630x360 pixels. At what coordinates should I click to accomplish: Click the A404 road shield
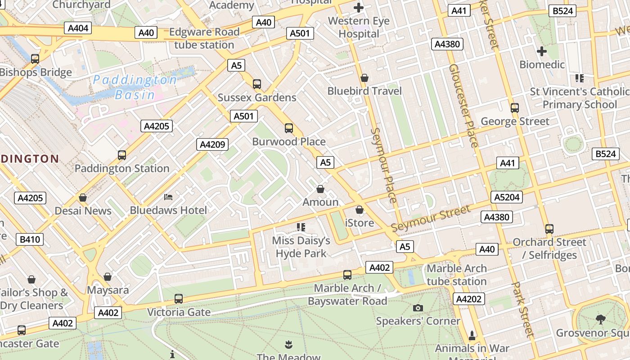(78, 28)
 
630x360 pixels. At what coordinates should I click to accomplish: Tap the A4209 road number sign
(212, 144)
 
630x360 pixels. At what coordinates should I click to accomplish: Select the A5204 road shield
(507, 197)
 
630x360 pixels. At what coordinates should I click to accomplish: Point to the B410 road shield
(30, 239)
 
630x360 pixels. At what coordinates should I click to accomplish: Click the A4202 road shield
(469, 299)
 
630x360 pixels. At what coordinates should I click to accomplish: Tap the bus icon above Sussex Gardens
(257, 84)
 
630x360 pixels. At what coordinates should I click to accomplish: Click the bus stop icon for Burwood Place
(289, 128)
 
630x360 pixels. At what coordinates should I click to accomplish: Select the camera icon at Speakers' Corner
(418, 308)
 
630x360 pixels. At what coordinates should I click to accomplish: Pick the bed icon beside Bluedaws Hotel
(168, 197)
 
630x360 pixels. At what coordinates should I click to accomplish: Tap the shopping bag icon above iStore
(359, 210)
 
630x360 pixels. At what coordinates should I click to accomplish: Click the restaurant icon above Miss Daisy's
(301, 227)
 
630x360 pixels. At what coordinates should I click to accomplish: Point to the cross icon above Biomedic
(542, 51)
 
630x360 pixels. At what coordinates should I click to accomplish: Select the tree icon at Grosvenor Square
(600, 319)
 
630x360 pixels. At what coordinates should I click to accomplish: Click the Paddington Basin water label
(135, 87)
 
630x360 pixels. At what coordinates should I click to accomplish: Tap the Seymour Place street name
(384, 165)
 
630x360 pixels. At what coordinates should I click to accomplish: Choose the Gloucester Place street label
(463, 106)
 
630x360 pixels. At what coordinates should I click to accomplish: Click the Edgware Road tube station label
(204, 38)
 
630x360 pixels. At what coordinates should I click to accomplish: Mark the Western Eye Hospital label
(359, 27)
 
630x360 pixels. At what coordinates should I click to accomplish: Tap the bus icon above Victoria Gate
(179, 299)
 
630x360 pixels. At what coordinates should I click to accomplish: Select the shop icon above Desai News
(83, 198)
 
